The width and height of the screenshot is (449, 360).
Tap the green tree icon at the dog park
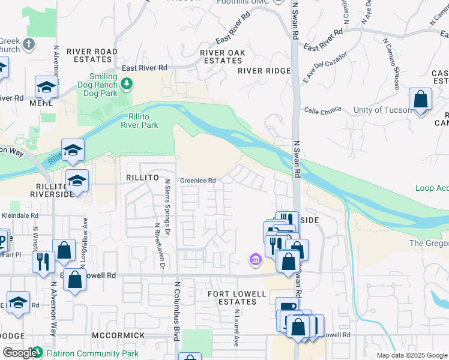coord(127,85)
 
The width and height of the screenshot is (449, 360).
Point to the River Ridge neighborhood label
coord(264,71)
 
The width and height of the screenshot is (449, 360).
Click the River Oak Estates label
coord(223,56)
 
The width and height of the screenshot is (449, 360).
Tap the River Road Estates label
coord(93,55)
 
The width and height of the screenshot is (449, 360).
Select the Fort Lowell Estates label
coord(232,298)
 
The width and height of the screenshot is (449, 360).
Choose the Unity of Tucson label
coord(378,110)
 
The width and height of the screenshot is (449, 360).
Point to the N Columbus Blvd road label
coord(177,312)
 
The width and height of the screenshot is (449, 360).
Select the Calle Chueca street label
coord(322,110)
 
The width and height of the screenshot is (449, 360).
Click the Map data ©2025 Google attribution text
coord(412,355)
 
